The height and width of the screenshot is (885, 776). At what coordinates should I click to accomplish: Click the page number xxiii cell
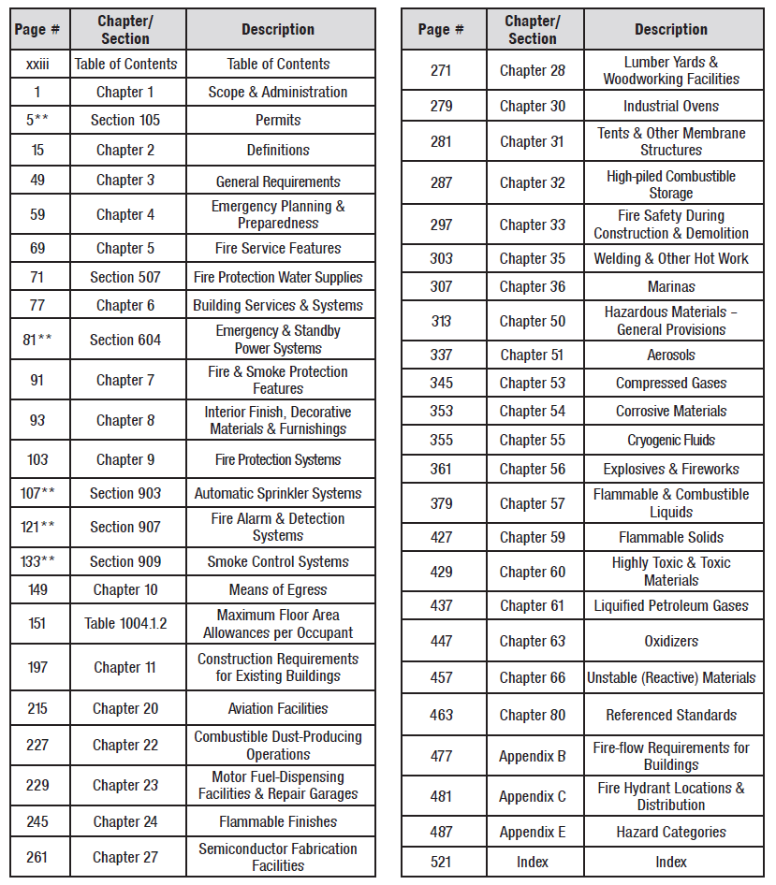37,64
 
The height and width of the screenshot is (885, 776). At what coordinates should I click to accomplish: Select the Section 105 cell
125,121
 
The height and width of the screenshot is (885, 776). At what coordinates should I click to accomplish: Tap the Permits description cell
278,121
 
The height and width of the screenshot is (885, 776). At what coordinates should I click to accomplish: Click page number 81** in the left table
37,340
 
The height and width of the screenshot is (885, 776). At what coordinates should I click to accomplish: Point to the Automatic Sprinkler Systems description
278,493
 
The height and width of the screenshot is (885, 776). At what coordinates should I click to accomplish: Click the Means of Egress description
278,589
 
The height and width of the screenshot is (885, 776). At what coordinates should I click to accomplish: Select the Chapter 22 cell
125,746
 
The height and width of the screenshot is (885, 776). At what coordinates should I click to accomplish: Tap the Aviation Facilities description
278,708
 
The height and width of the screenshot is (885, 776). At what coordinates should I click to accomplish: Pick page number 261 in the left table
37,857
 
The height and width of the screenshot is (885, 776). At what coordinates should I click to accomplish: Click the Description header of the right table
671,30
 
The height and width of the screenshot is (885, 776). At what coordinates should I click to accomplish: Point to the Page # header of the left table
37,30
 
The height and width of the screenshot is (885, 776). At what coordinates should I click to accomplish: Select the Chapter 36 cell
533,287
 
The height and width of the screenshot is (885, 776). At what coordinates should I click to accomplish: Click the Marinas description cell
671,287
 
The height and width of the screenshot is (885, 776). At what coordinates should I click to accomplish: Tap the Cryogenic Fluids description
671,440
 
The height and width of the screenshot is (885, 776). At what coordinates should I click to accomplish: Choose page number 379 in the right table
441,503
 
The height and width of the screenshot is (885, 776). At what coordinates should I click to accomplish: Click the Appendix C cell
533,796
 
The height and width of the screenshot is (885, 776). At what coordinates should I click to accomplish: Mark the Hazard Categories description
671,832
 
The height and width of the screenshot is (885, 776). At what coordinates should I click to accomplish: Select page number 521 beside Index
441,862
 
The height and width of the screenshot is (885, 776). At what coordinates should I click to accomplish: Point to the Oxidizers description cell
671,641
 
